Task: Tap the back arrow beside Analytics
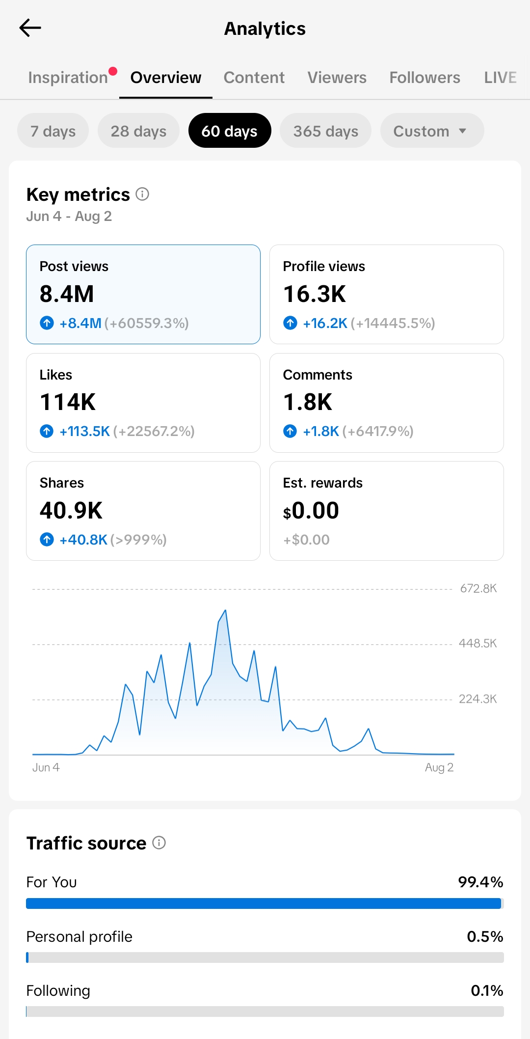click(x=30, y=28)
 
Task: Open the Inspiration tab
click(x=68, y=78)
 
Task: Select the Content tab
click(x=254, y=78)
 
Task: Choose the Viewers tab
click(x=337, y=78)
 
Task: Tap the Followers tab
click(x=425, y=78)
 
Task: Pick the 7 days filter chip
click(x=53, y=131)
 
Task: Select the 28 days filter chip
click(x=138, y=131)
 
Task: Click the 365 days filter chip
click(x=326, y=131)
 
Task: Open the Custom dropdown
click(x=432, y=131)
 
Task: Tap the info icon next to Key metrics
click(x=142, y=194)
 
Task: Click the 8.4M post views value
click(x=67, y=294)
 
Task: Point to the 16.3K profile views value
click(x=315, y=294)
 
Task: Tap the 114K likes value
click(x=68, y=402)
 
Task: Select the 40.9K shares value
click(x=71, y=511)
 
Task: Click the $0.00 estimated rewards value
click(x=311, y=511)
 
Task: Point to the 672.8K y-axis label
click(x=478, y=588)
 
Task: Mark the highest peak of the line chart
click(x=225, y=610)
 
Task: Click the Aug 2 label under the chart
click(x=439, y=767)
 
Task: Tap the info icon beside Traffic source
click(x=159, y=843)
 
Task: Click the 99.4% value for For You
click(x=480, y=882)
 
